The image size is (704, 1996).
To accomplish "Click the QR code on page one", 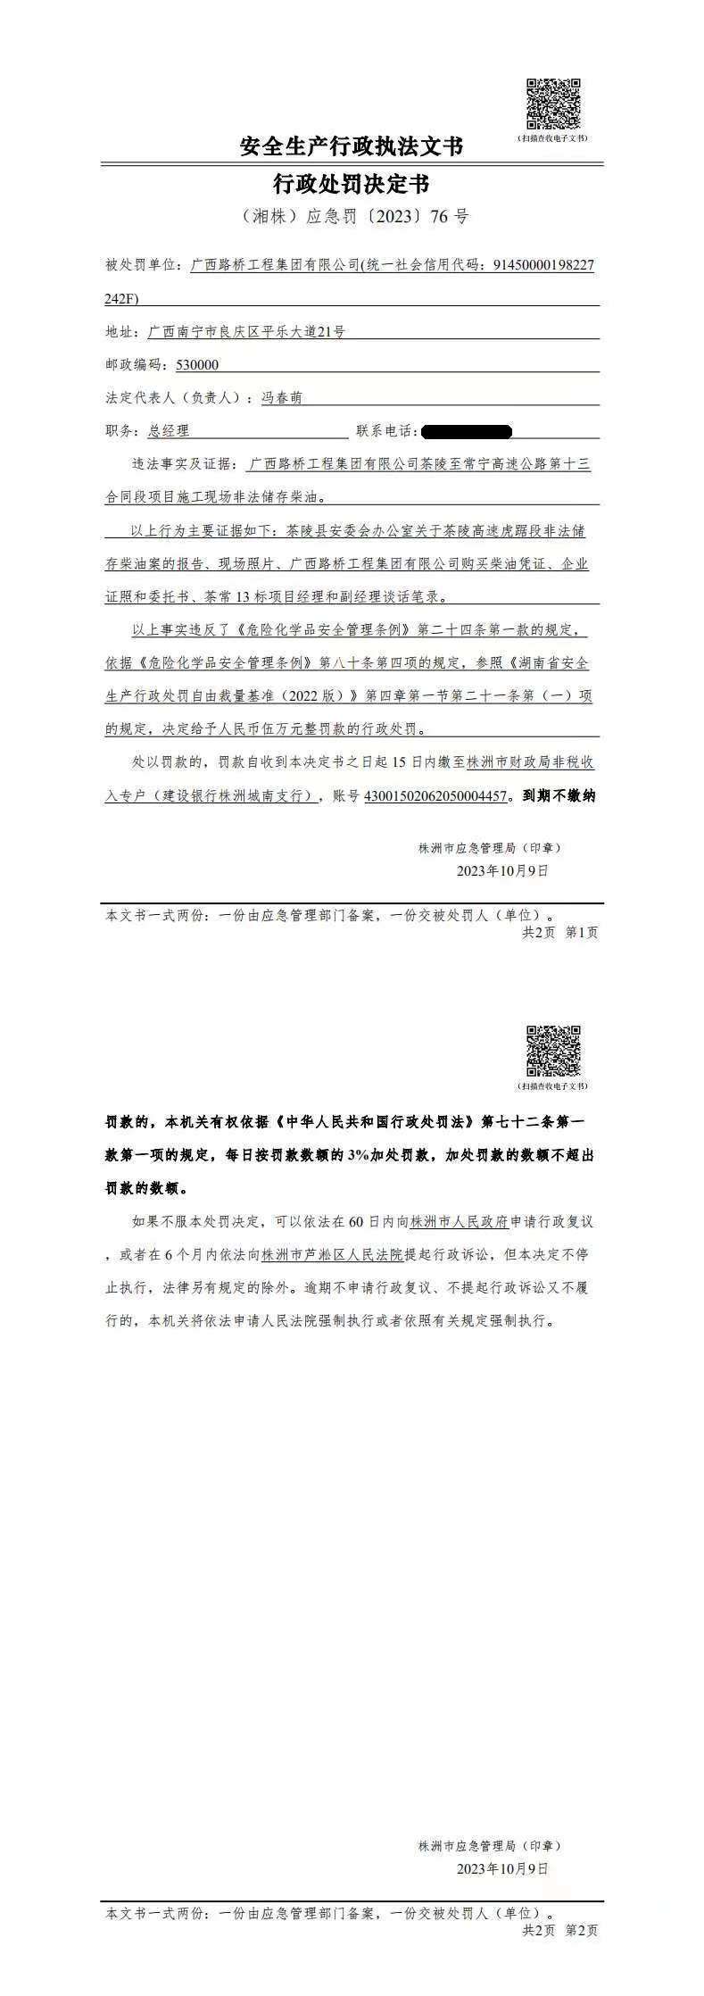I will click(552, 105).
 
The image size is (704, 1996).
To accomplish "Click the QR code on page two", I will click(552, 1052).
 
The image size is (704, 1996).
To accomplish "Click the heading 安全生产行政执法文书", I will click(352, 146).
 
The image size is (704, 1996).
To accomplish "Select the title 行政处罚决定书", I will click(352, 184).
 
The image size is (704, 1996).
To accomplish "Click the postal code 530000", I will click(197, 365).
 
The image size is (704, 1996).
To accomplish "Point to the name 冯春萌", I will click(281, 398).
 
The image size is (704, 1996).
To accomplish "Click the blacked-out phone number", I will click(467, 432).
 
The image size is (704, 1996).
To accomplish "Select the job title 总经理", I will click(169, 431).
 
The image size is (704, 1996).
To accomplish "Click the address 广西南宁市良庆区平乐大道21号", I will click(246, 332).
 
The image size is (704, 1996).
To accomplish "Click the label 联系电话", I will click(385, 431).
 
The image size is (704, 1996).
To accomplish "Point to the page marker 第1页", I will click(582, 933).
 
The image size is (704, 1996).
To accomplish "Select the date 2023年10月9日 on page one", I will click(502, 870).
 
